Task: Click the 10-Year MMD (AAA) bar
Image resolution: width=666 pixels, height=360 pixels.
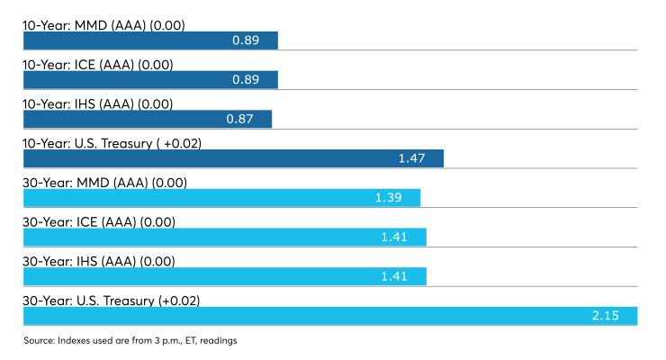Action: pyautogui.click(x=150, y=40)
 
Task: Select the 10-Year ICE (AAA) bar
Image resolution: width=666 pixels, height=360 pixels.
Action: pyautogui.click(x=150, y=80)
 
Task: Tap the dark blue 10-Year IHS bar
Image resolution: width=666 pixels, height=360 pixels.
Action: pyautogui.click(x=148, y=119)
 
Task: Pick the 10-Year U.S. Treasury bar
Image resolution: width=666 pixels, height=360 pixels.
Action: pyautogui.click(x=233, y=158)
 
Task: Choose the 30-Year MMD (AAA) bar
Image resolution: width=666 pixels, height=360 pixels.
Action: pyautogui.click(x=221, y=198)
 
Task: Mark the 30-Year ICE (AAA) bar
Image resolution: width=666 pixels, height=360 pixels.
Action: pyautogui.click(x=225, y=237)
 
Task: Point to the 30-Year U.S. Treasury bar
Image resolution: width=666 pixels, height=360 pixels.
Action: pyautogui.click(x=330, y=316)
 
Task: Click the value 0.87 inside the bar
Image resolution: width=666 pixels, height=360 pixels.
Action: pyautogui.click(x=239, y=119)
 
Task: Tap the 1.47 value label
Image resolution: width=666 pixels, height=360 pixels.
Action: pyautogui.click(x=411, y=158)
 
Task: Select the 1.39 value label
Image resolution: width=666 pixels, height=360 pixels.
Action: pyautogui.click(x=388, y=198)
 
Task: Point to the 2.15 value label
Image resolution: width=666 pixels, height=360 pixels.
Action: pyautogui.click(x=606, y=316)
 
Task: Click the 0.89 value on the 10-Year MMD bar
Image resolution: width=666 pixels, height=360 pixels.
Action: pyautogui.click(x=246, y=40)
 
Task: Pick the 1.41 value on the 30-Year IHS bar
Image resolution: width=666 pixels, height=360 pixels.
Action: pyautogui.click(x=394, y=276)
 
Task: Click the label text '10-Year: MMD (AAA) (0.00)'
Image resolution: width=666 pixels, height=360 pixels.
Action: pyautogui.click(x=103, y=25)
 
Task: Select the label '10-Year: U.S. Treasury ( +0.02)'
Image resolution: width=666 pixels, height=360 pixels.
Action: pyautogui.click(x=112, y=143)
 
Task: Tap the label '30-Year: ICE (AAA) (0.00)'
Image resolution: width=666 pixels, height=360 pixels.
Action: pyautogui.click(x=99, y=222)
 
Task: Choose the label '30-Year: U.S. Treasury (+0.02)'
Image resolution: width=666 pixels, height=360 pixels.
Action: pyautogui.click(x=112, y=301)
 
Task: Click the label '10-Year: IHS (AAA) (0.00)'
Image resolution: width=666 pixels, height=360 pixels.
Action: pyautogui.click(x=98, y=104)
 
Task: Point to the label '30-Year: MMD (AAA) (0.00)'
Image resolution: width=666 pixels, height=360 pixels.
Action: pyautogui.click(x=105, y=183)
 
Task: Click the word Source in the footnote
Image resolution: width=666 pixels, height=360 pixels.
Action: pyautogui.click(x=39, y=340)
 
